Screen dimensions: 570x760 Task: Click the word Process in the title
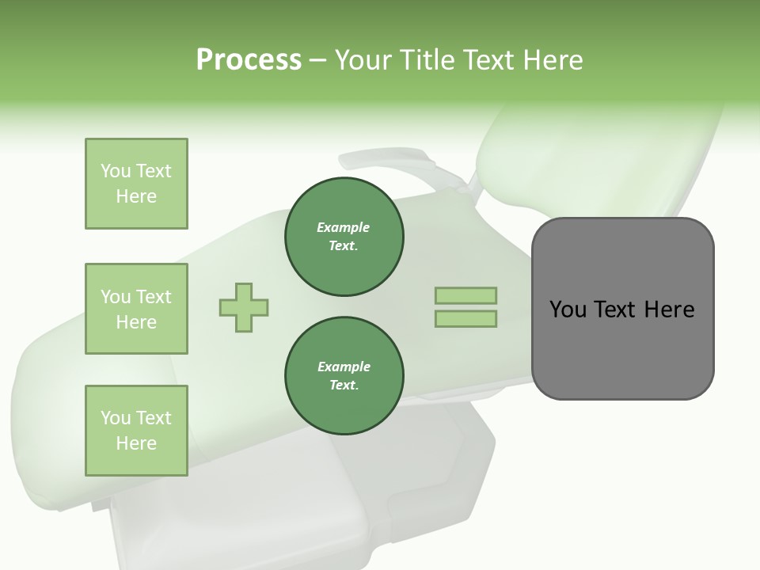coord(249,60)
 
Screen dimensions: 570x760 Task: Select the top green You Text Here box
coord(136,184)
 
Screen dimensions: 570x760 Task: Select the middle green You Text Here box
coord(136,309)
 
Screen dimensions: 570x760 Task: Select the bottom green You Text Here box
coord(136,430)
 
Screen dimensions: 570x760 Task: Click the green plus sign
coord(244,307)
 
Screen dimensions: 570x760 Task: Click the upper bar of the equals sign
coord(465,296)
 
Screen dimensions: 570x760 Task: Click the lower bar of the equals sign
coord(465,318)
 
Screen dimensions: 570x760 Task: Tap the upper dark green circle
coord(344,237)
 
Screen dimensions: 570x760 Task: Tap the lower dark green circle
coord(344,375)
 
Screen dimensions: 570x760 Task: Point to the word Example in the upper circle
coord(344,227)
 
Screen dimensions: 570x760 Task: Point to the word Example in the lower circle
coord(344,367)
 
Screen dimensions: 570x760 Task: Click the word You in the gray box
coord(568,310)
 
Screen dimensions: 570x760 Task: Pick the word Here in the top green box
coord(136,196)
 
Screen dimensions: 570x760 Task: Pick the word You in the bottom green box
coord(116,418)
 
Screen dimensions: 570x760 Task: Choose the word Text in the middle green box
coord(154,297)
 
